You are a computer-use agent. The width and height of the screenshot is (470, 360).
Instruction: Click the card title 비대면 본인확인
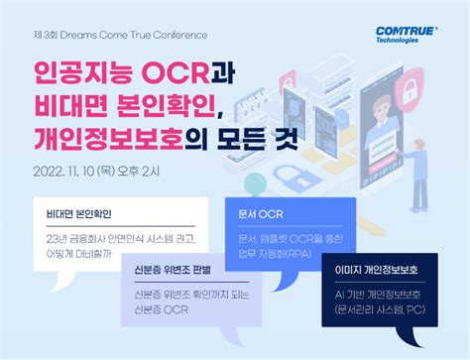click(79, 213)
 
